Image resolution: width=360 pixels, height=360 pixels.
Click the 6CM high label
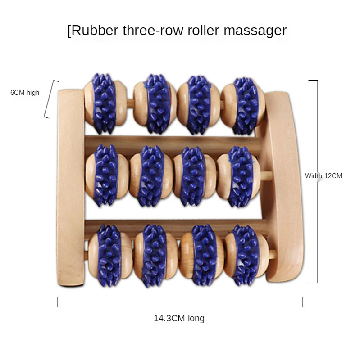(x=25, y=93)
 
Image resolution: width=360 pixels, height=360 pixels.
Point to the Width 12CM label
(x=324, y=176)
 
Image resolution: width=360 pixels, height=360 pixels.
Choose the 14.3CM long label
(x=179, y=319)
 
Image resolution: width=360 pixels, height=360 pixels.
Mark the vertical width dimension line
(x=317, y=180)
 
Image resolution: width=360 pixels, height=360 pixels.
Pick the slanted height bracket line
(x=51, y=99)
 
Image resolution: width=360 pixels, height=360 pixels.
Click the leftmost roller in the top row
(x=104, y=103)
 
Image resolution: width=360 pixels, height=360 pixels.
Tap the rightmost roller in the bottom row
(x=246, y=254)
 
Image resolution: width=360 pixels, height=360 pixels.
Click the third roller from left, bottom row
(x=201, y=254)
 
